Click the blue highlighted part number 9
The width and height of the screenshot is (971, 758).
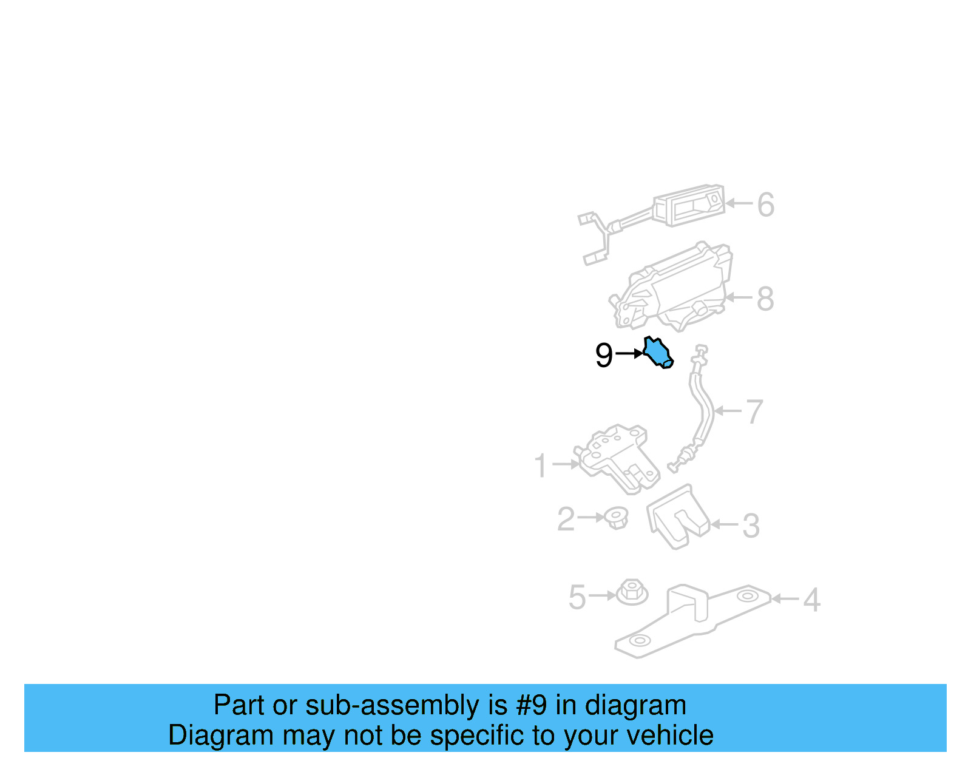point(658,353)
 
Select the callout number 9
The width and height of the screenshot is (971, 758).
point(604,355)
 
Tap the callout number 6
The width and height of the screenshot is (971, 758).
point(765,205)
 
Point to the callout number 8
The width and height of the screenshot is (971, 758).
point(765,299)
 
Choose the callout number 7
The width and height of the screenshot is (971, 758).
point(755,411)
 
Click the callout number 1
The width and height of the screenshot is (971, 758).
point(541,465)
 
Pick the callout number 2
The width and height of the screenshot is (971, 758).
point(566,519)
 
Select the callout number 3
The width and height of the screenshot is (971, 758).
point(751,526)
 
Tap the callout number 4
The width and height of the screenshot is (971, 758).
point(812,600)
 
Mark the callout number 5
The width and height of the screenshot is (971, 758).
point(577,597)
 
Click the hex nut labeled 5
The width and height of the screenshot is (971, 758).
point(632,592)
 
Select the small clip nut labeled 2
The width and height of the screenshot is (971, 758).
point(616,518)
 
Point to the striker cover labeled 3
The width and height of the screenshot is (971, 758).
point(677,517)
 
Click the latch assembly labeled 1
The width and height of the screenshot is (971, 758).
point(617,459)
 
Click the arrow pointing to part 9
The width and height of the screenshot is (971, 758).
point(629,353)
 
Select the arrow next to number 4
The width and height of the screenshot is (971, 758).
point(785,598)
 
